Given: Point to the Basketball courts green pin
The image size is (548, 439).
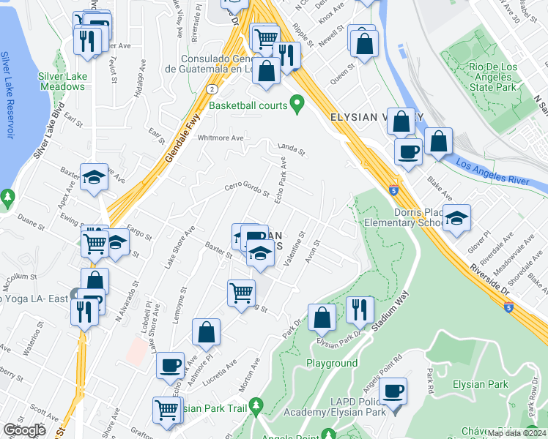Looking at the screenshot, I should point(297,105).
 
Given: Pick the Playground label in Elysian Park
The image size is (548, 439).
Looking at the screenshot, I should point(332,363).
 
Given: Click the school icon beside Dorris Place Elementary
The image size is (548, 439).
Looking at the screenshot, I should point(456,218).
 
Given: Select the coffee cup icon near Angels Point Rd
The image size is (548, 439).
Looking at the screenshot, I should point(394,391).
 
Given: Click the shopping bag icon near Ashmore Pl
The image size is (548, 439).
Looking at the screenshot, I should point(206,332).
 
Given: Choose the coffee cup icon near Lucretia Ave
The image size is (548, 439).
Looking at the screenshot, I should point(171,365).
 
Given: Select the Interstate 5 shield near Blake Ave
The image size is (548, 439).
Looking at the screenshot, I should point(394,190).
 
